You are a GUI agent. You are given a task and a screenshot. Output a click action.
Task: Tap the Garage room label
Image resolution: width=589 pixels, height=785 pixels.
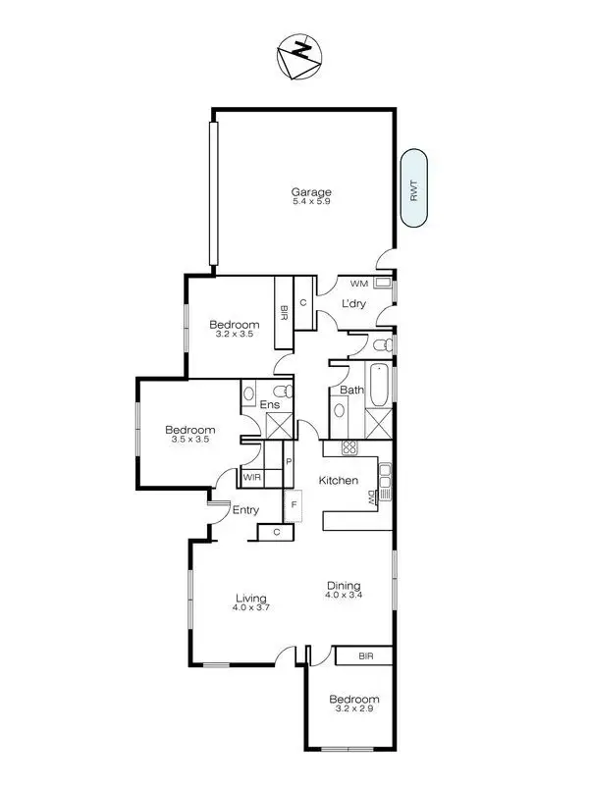pyautogui.click(x=310, y=192)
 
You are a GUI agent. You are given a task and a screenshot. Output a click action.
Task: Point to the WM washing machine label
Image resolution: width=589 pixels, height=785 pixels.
pyautogui.click(x=358, y=284)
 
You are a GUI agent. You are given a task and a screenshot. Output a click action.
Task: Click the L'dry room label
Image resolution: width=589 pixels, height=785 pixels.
pyautogui.click(x=353, y=304)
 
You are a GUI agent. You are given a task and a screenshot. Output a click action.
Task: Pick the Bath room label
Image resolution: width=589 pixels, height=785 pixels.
pyautogui.click(x=350, y=390)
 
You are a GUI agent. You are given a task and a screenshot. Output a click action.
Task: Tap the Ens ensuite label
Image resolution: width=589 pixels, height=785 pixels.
pyautogui.click(x=270, y=404)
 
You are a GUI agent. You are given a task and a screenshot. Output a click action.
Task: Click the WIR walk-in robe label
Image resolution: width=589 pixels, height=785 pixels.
pyautogui.click(x=251, y=477)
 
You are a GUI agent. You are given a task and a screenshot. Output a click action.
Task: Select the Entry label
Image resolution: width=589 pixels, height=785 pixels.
pyautogui.click(x=245, y=509)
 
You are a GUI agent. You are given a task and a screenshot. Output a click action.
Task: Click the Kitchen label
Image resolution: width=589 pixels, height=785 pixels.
pyautogui.click(x=338, y=480)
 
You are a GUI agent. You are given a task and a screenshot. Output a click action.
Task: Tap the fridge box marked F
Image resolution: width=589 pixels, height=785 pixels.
pyautogui.click(x=292, y=505)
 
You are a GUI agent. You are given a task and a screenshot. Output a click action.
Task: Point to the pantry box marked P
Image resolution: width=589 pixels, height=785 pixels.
pyautogui.click(x=289, y=461)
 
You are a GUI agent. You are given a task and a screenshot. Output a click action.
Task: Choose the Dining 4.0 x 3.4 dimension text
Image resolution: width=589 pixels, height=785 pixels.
pyautogui.click(x=344, y=595)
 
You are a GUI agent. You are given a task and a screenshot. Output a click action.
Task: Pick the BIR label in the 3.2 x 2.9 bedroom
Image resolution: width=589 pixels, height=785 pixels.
pyautogui.click(x=364, y=655)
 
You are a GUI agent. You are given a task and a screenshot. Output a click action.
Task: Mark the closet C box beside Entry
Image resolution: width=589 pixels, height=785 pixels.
pyautogui.click(x=277, y=533)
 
